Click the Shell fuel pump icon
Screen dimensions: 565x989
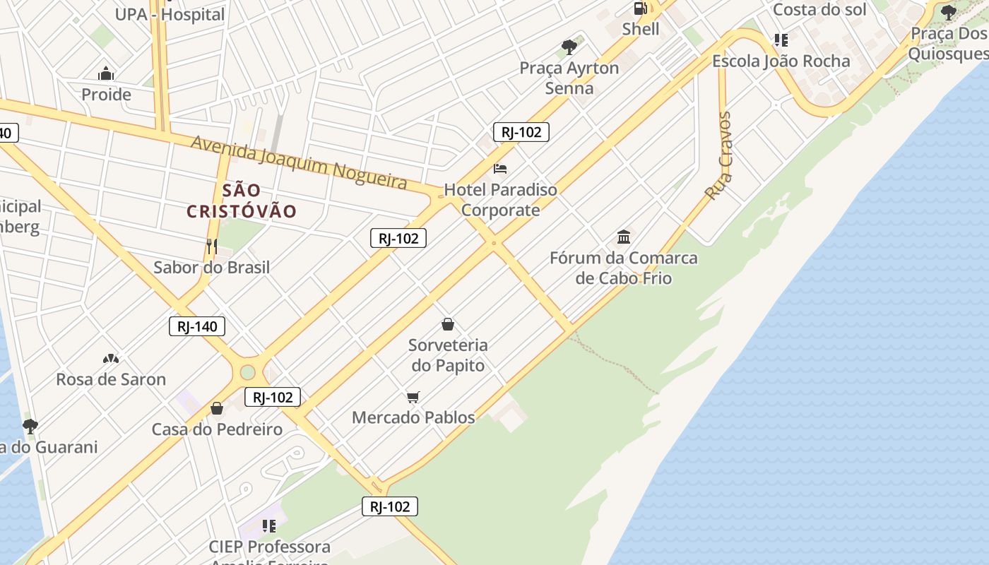[641, 8]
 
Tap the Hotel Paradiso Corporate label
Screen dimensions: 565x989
[500, 200]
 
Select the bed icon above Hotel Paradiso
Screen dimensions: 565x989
[500, 168]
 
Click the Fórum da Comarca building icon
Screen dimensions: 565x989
[624, 236]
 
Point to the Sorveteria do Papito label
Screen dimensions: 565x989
[448, 355]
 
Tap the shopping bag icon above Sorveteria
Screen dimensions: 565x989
[447, 324]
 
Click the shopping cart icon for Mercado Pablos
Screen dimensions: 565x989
[413, 397]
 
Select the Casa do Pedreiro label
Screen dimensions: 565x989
[217, 429]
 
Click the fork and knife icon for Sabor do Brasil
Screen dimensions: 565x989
[211, 246]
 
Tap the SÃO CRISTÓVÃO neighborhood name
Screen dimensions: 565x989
[242, 201]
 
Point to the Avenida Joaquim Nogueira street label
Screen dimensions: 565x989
[299, 162]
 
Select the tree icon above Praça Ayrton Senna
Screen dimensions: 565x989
[569, 47]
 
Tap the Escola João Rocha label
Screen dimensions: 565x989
[781, 61]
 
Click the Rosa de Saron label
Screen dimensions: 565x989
[111, 379]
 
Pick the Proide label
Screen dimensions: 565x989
[106, 95]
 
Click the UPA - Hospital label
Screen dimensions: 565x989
[170, 14]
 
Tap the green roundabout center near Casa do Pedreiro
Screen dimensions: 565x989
[247, 372]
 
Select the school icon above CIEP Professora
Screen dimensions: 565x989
[268, 525]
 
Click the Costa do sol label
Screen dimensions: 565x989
[819, 10]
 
